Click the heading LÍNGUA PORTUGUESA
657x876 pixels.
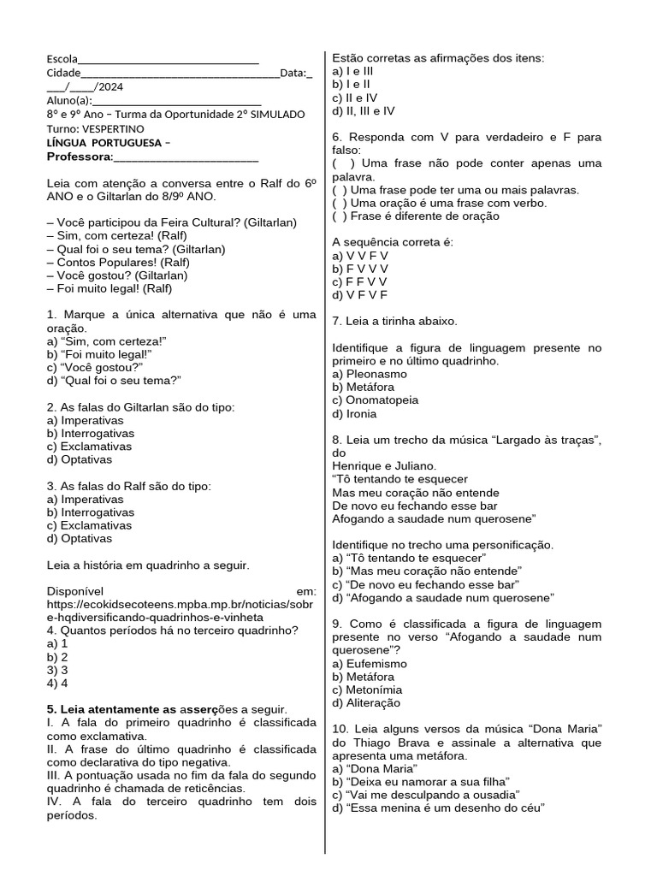pyautogui.click(x=105, y=142)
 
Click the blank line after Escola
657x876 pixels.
pyautogui.click(x=168, y=60)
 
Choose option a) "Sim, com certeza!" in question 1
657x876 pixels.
pyautogui.click(x=107, y=341)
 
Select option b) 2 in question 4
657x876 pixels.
pyautogui.click(x=58, y=657)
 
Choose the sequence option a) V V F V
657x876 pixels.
pyautogui.click(x=360, y=256)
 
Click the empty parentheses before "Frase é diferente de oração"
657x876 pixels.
pyautogui.click(x=340, y=216)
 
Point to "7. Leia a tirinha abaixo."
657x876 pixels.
pyautogui.click(x=394, y=321)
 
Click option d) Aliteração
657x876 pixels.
pyautogui.click(x=365, y=703)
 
